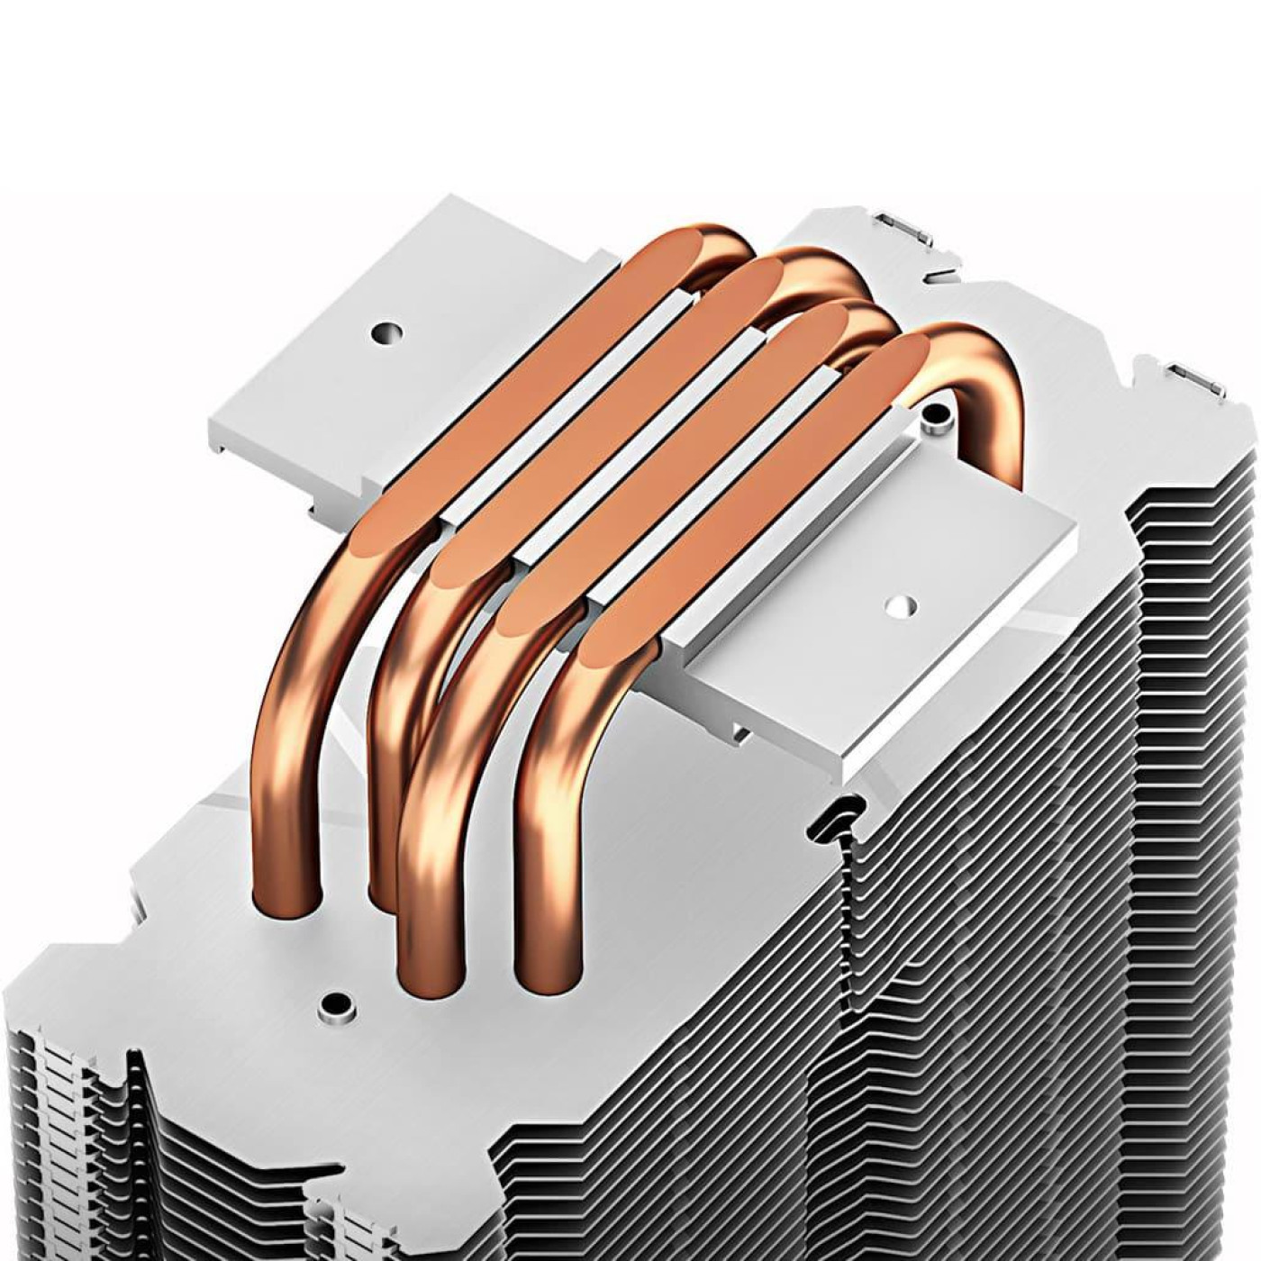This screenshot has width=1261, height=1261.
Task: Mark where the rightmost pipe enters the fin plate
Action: tap(545, 977)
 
